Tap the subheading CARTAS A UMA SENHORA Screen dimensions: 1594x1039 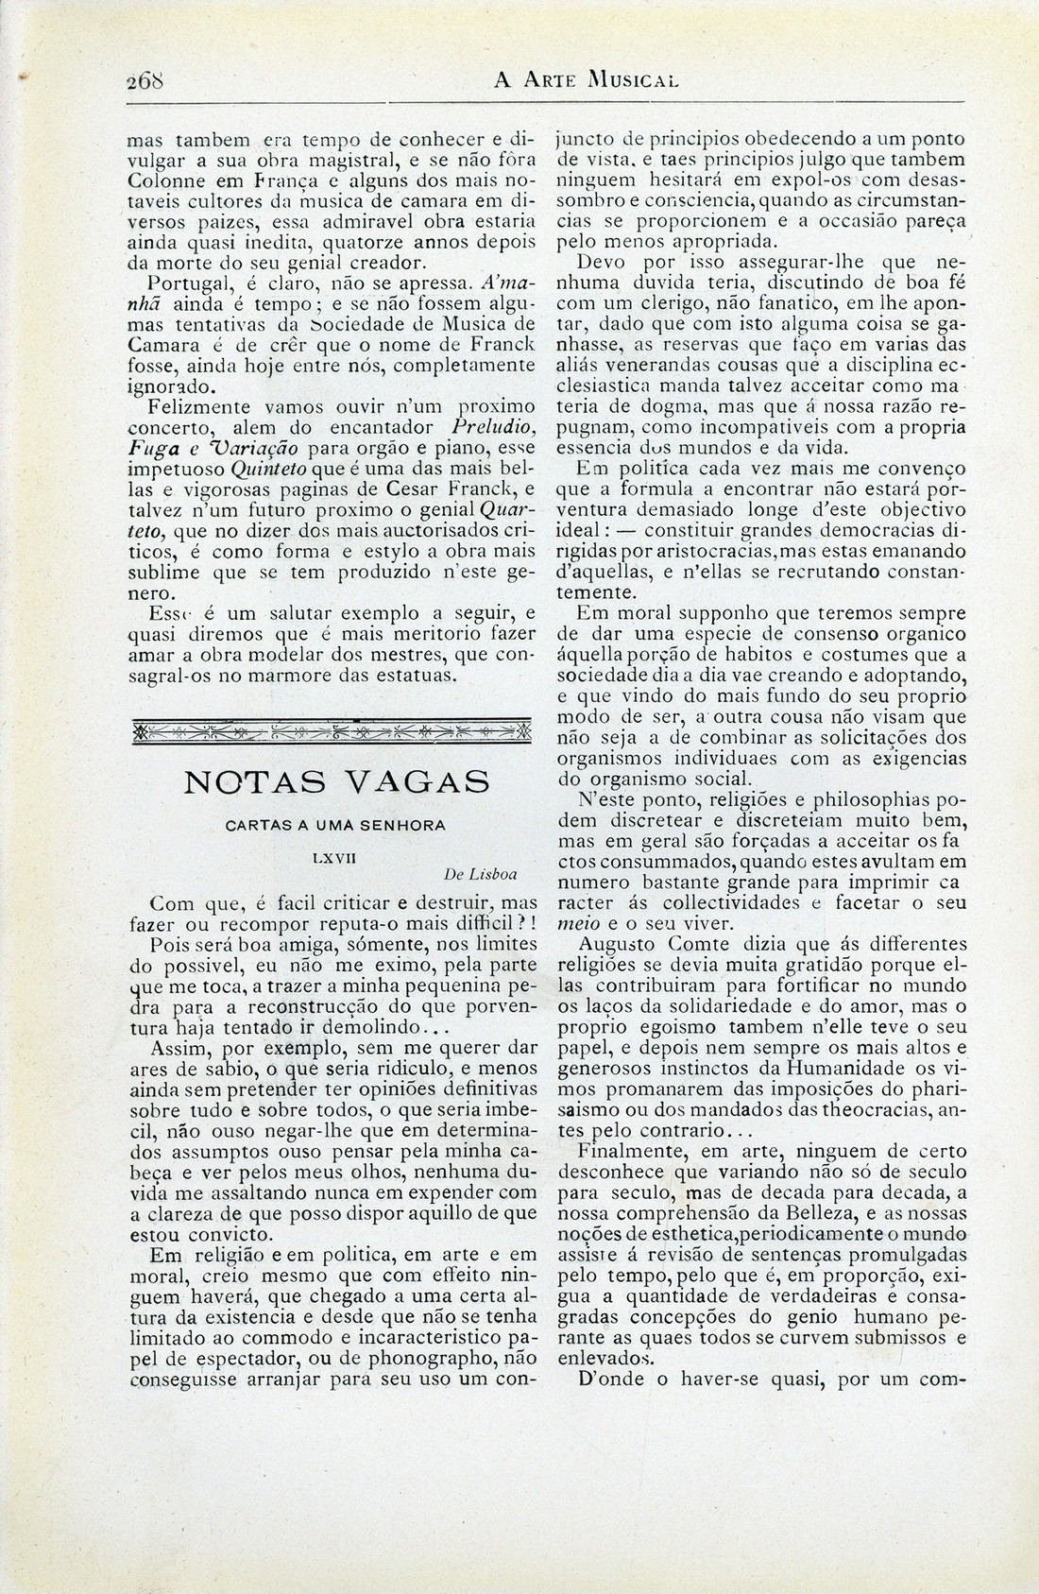(335, 825)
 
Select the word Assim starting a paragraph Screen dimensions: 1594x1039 (179, 1048)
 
